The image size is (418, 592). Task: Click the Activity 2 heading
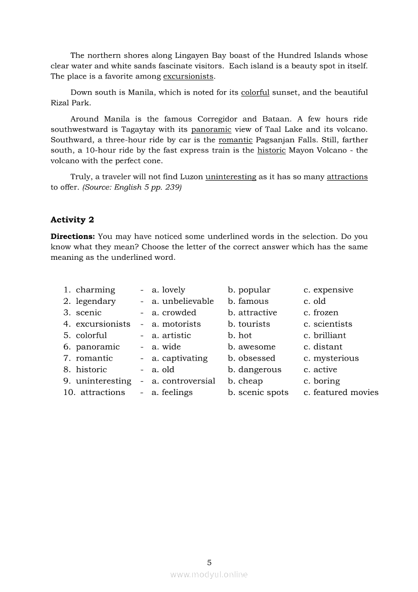pos(72,220)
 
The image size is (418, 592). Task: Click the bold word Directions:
pos(72,236)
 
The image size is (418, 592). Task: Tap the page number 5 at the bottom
pos(209,562)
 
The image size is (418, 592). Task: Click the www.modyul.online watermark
pos(209,574)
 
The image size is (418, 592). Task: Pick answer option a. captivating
pos(180,358)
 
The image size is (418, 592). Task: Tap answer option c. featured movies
pos(341,392)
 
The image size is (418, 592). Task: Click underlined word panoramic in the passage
pos(211,130)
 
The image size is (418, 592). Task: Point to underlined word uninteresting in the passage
pos(231,177)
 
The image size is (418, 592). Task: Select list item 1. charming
pos(90,290)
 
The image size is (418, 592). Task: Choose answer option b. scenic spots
pos(258,392)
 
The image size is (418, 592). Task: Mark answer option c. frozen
pos(321,313)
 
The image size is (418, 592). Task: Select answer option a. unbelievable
pos(183,301)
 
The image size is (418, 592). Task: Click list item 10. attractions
pos(94,392)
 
